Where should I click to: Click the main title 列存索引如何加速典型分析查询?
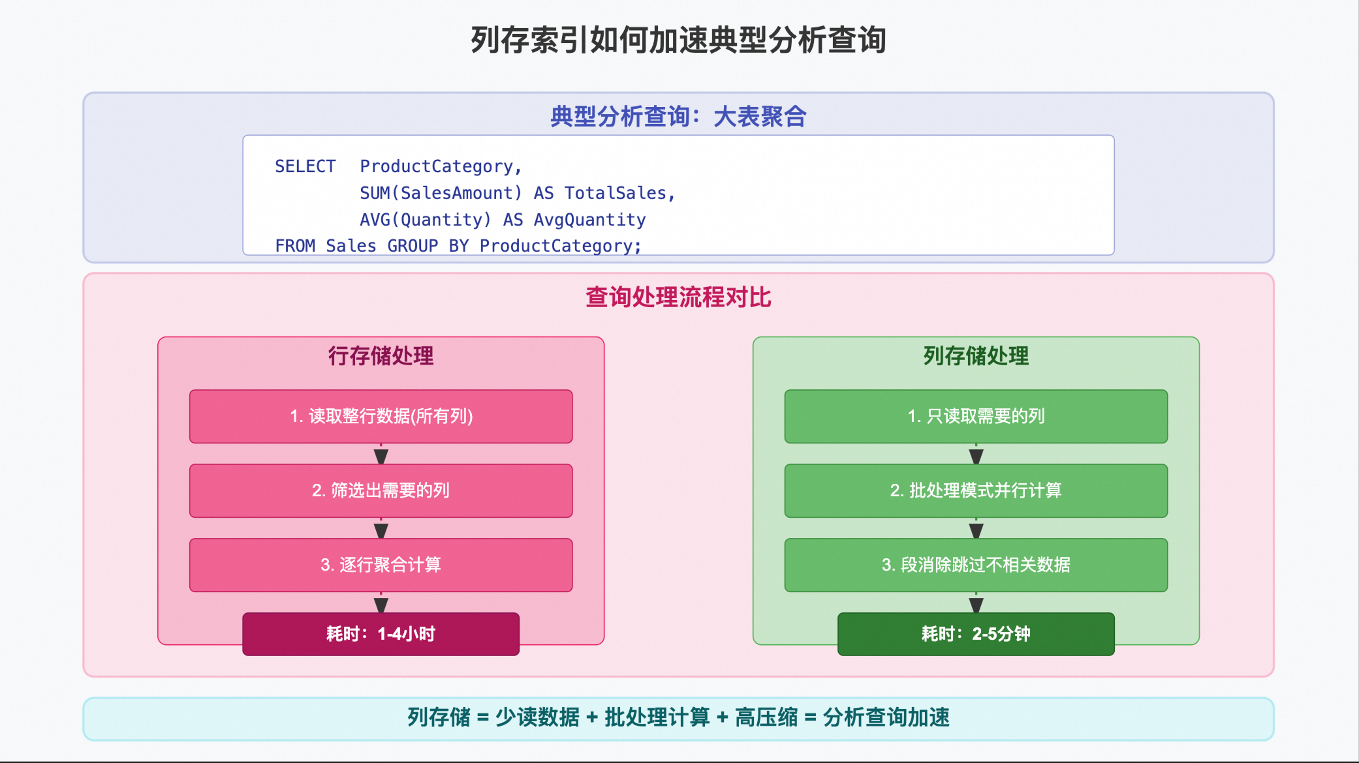678,40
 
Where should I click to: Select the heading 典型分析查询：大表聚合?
678,117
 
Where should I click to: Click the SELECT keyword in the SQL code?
305,167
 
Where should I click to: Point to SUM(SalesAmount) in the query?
441,193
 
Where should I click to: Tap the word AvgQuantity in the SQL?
589,220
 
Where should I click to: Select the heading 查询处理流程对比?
678,297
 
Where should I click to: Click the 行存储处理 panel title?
381,356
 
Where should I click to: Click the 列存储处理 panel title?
976,356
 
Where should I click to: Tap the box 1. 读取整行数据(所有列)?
381,416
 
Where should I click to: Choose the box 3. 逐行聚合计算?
381,565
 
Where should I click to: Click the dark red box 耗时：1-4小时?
381,634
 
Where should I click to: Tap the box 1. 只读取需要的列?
976,416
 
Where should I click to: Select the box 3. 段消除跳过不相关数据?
976,565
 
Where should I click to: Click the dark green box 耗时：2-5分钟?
976,634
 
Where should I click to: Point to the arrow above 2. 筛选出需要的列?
381,454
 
